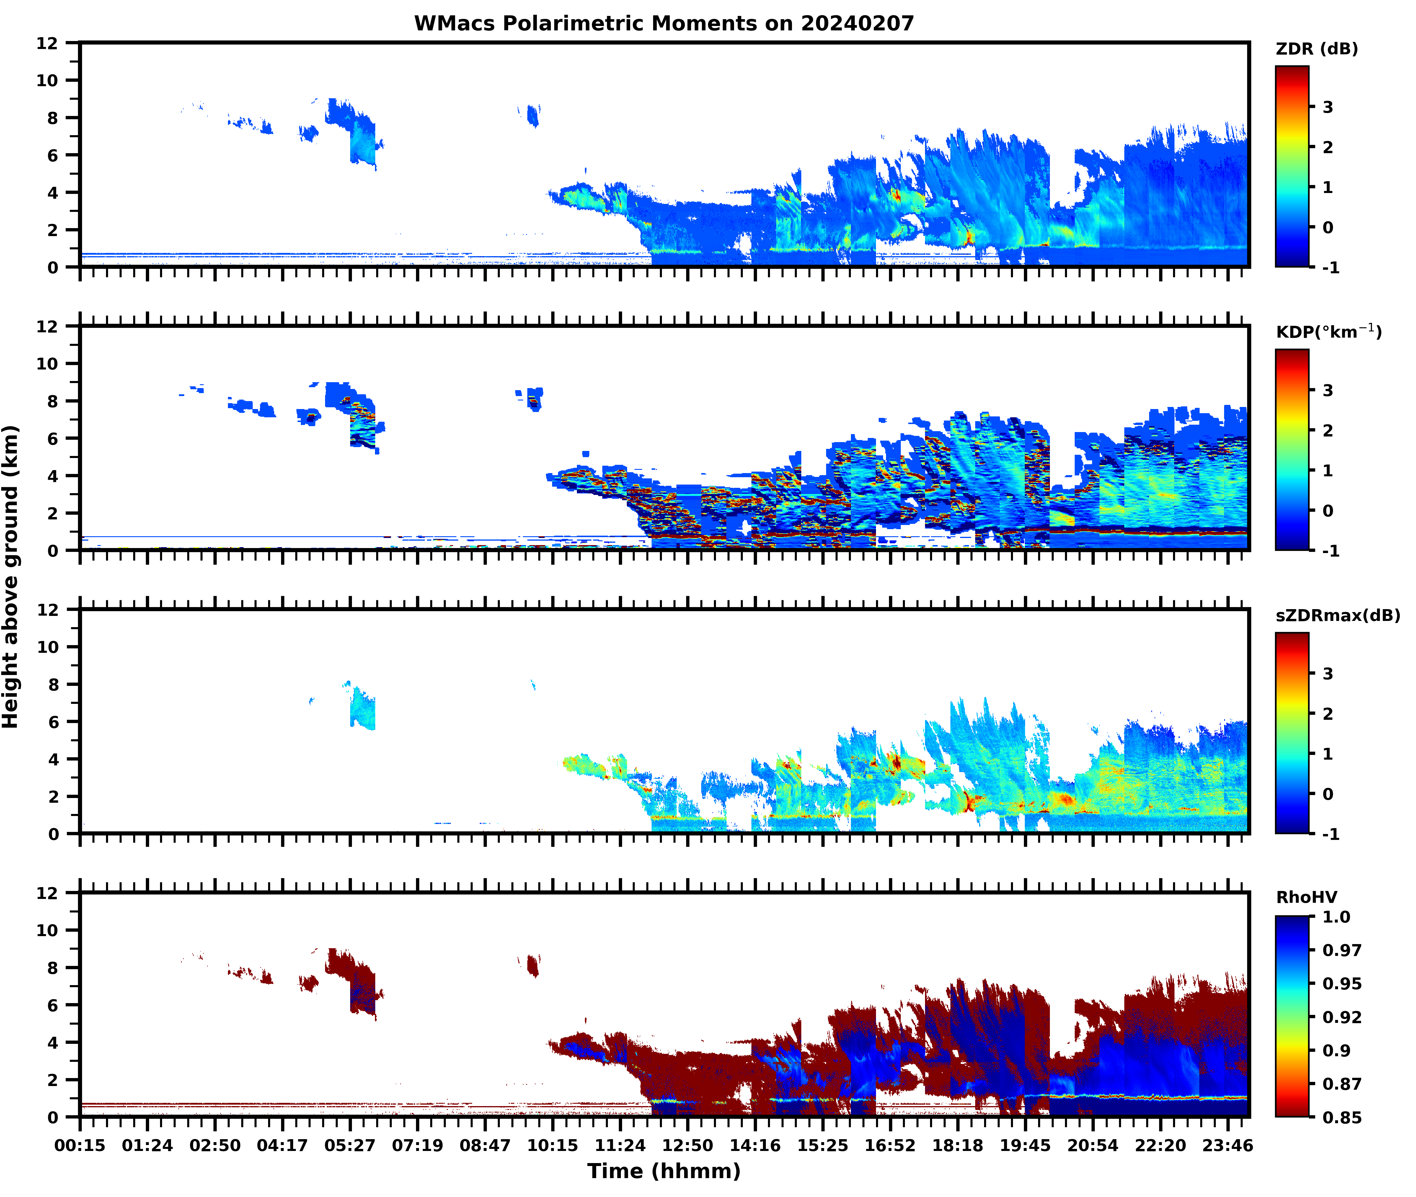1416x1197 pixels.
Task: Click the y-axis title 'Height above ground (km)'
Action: click(11, 577)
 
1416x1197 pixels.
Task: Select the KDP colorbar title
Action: click(1328, 332)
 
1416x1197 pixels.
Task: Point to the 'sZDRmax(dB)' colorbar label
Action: click(1337, 615)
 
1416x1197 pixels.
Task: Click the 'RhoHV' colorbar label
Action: click(1306, 898)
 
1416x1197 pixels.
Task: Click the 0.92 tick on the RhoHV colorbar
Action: click(1341, 1017)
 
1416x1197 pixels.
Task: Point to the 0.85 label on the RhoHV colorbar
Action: click(1341, 1118)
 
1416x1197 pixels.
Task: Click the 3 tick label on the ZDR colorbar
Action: click(1328, 107)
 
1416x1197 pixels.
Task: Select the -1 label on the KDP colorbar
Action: click(1330, 551)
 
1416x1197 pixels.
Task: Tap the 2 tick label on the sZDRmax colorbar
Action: click(1328, 714)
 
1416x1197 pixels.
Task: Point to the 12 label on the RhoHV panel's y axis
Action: click(48, 893)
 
